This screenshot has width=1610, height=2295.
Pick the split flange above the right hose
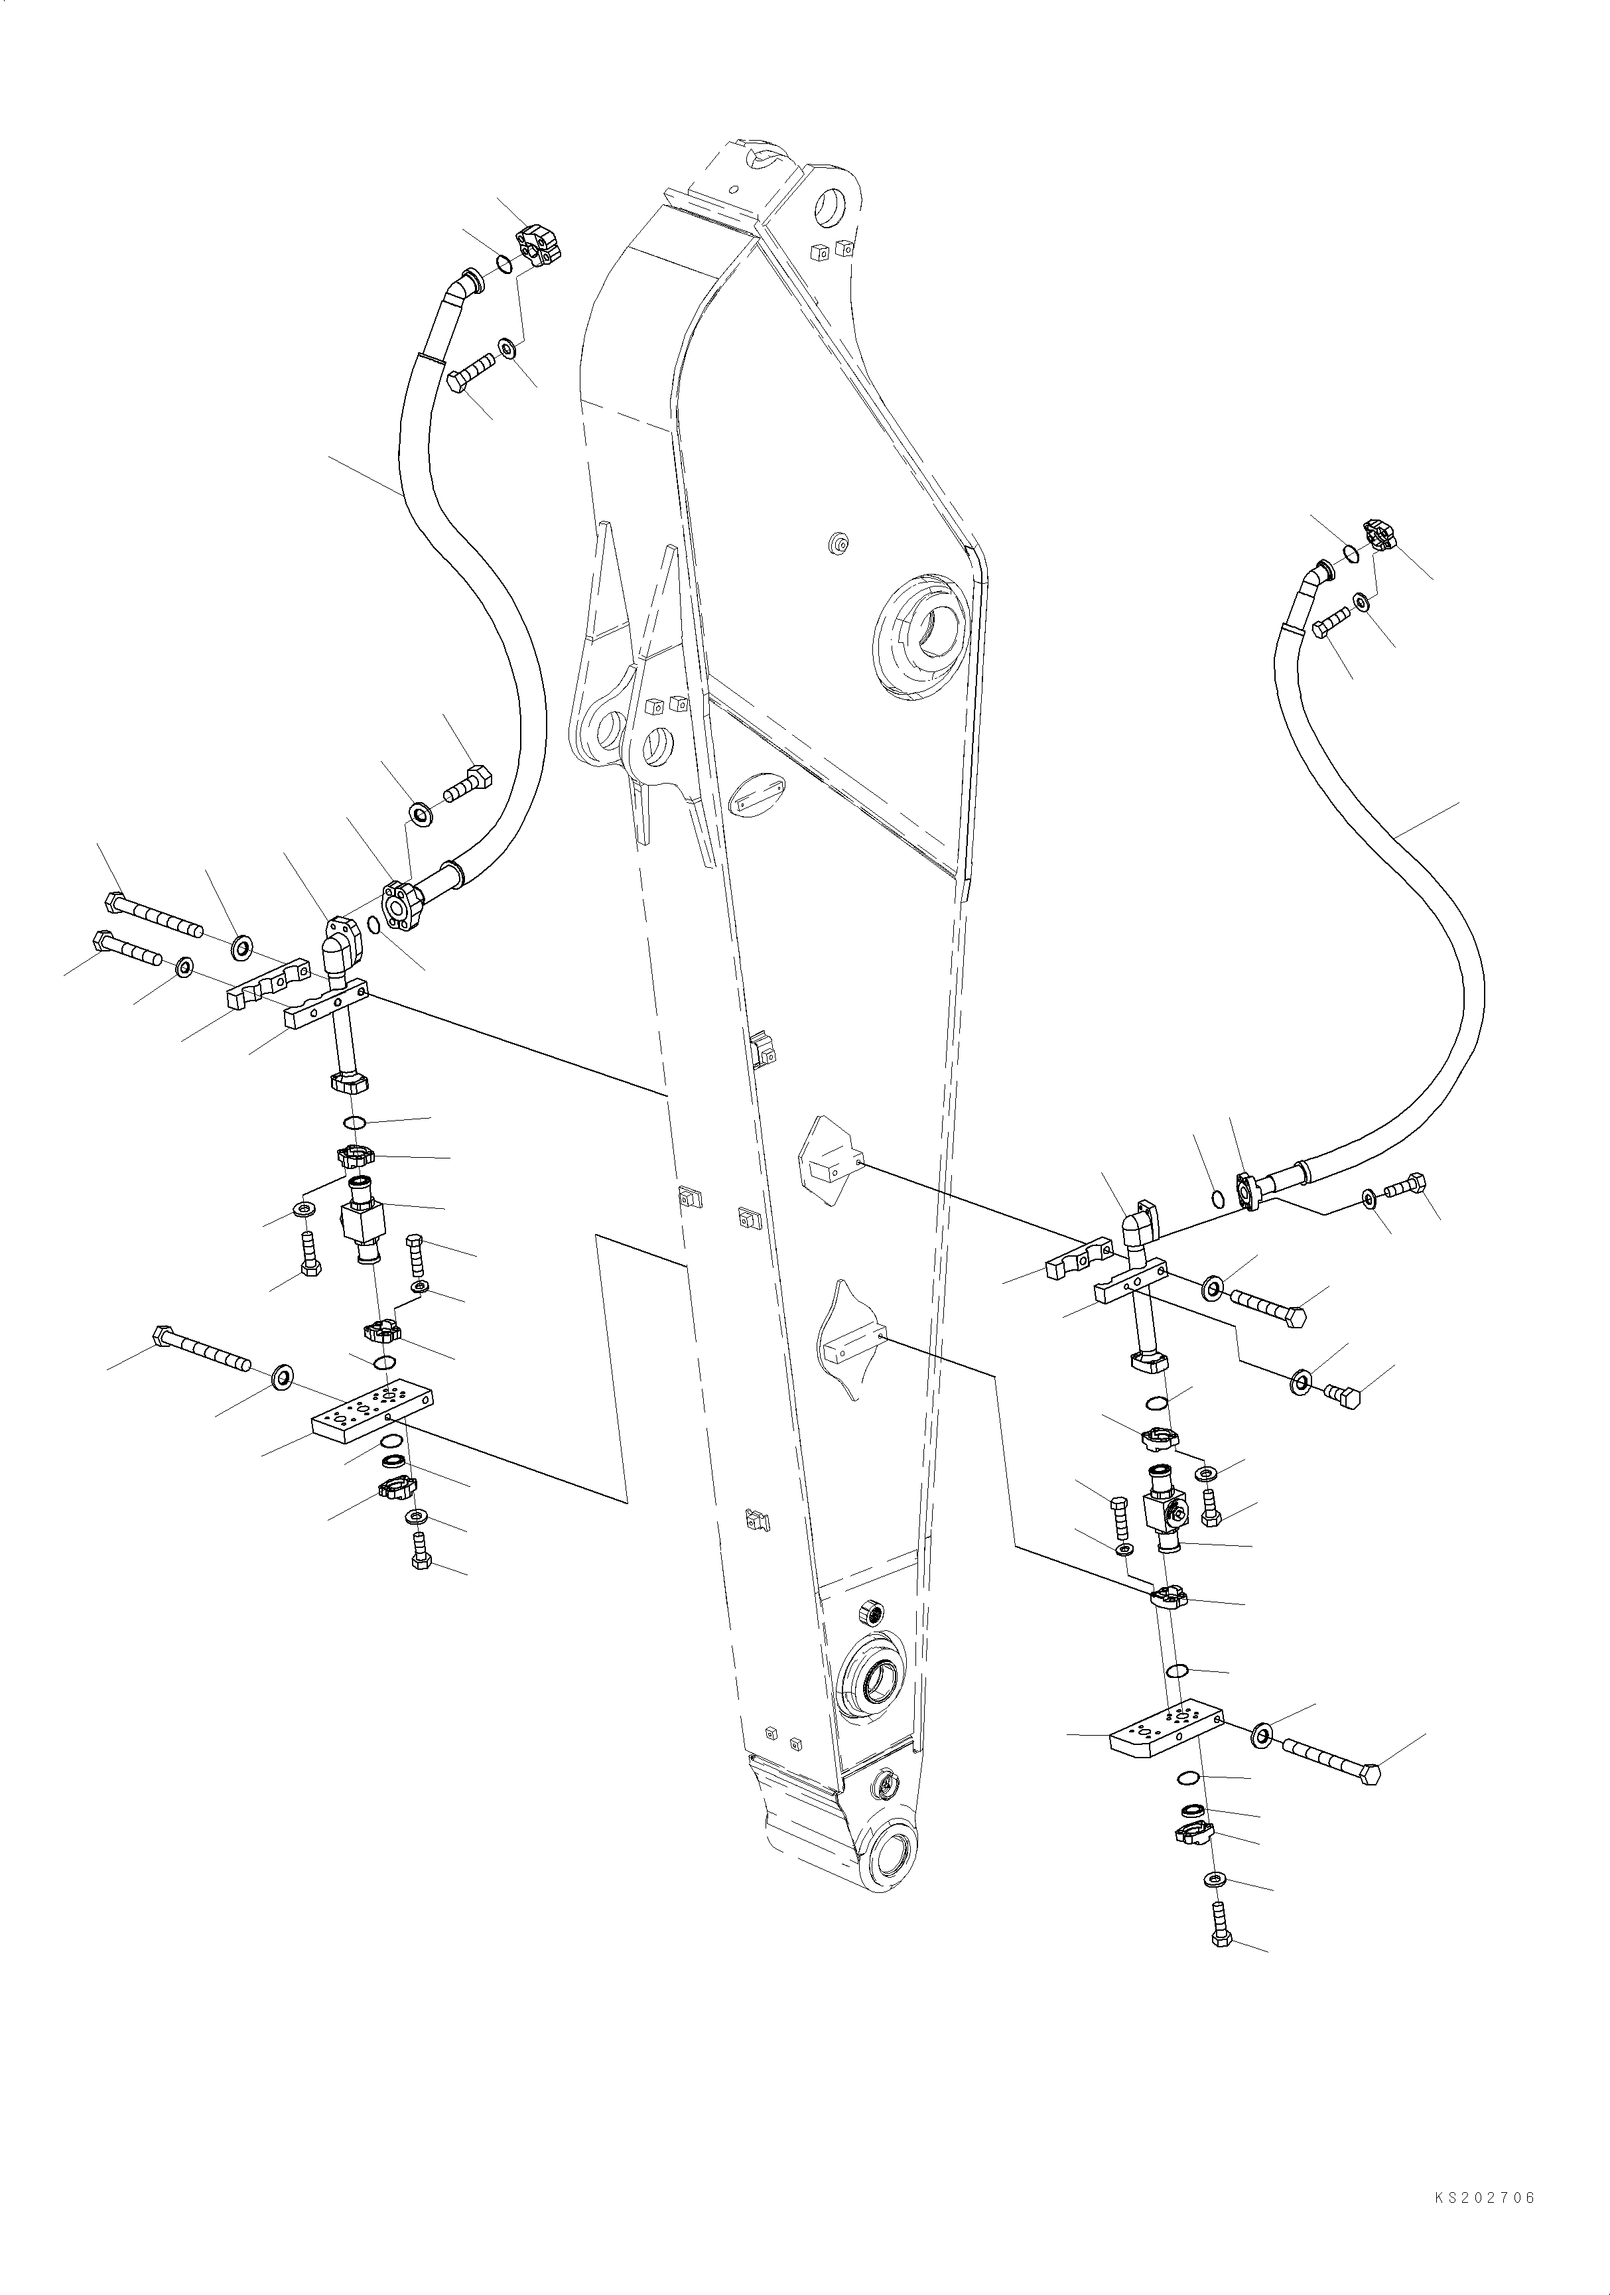[1380, 538]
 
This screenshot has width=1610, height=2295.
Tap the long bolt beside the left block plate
[201, 1350]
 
